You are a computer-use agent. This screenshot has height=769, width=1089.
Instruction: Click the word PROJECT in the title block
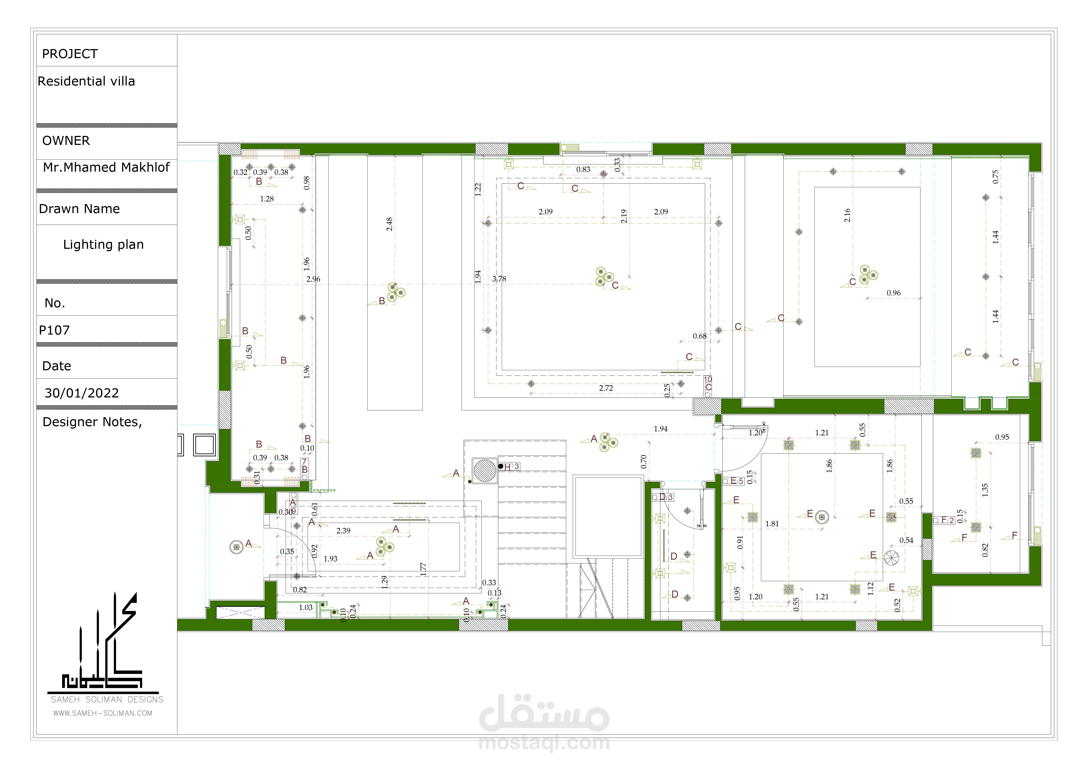click(70, 54)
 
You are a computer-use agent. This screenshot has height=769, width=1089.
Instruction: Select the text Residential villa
click(86, 82)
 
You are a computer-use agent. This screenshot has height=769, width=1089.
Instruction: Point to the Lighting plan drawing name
click(103, 244)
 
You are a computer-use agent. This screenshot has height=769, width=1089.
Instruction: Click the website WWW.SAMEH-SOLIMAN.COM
click(102, 713)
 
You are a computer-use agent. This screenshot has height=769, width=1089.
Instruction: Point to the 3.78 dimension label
click(499, 279)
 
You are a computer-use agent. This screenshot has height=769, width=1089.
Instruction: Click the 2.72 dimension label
click(606, 388)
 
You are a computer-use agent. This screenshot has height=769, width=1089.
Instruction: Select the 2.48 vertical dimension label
click(389, 224)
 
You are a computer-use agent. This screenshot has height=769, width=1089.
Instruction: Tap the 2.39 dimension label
click(343, 531)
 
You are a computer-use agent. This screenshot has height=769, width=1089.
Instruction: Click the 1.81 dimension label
click(772, 524)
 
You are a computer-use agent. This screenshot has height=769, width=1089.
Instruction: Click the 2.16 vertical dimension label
click(847, 215)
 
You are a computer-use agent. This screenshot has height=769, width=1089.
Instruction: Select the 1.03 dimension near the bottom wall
click(305, 607)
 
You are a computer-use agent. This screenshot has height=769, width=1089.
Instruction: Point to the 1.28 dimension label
click(267, 199)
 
